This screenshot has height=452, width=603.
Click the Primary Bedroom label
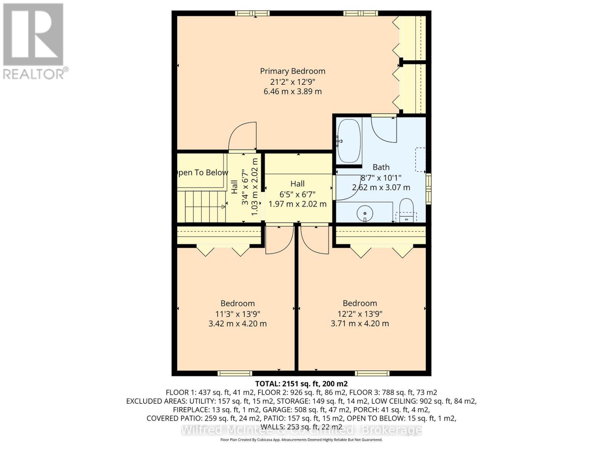click(x=292, y=71)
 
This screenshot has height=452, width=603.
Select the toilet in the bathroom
click(x=406, y=209)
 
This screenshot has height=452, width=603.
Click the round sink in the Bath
click(x=365, y=213)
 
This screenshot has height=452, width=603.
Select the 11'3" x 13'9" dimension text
click(x=237, y=314)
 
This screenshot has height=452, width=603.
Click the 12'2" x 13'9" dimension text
click(x=360, y=314)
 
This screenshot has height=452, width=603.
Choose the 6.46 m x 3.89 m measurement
click(x=292, y=92)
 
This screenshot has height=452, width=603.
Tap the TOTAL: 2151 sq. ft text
click(x=301, y=384)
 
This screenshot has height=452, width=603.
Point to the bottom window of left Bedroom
click(x=235, y=373)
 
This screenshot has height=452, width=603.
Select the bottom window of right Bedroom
click(x=372, y=373)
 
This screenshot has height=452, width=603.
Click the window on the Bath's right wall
click(x=429, y=189)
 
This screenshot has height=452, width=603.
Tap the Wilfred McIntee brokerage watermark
click(x=301, y=430)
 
